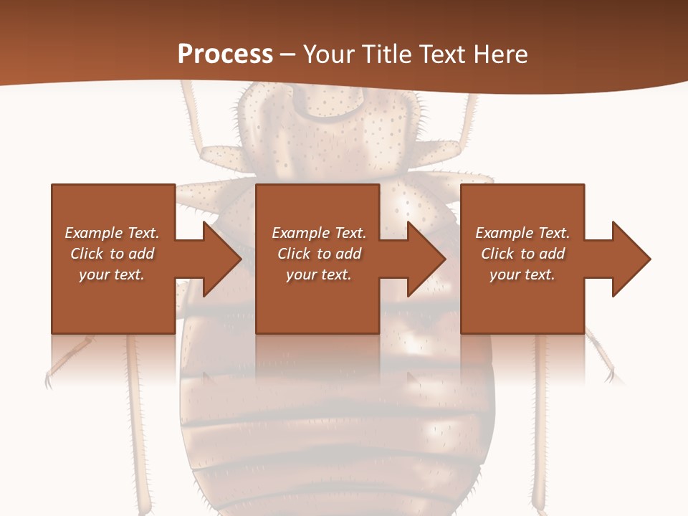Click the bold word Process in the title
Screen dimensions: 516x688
tap(225, 54)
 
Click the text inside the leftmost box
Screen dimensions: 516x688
tap(113, 254)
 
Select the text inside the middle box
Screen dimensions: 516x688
tap(319, 254)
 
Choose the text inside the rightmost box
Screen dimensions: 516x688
tap(522, 254)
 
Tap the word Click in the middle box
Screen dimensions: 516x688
tap(293, 254)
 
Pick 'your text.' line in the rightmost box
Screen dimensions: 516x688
tap(522, 274)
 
